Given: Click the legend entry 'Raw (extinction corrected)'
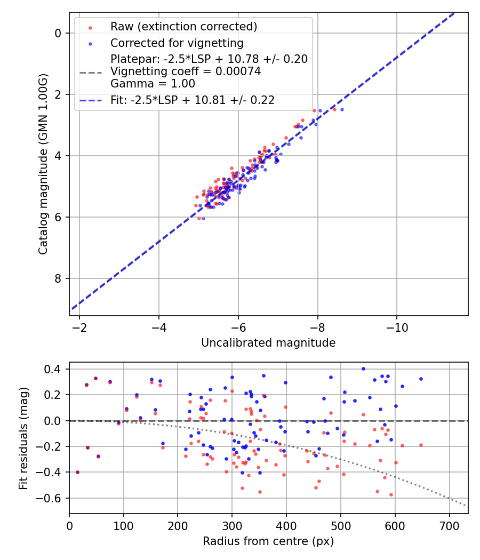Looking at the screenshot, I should coord(183,27).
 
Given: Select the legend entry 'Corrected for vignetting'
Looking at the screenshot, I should coord(177,43).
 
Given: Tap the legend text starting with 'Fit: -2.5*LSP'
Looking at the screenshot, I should coord(193,100).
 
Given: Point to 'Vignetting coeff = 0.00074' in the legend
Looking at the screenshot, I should coord(186,71).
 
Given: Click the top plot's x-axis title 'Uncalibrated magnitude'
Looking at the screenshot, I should coord(268,343).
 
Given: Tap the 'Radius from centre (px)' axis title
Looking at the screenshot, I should coord(268,541).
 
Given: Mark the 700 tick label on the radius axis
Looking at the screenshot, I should coord(450,525).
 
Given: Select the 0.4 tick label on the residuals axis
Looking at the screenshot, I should coord(55,369).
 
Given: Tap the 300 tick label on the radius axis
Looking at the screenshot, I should coord(232,525).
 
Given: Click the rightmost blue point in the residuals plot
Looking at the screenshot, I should coord(421,379).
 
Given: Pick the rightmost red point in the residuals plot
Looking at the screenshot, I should coord(421,445).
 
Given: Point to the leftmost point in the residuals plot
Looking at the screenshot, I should coord(77,472).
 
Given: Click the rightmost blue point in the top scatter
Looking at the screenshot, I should coord(342,109).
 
